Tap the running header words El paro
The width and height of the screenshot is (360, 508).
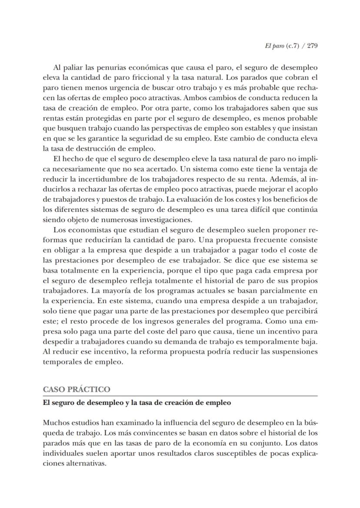click(273, 46)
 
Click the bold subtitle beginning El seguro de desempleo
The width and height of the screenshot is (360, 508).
click(137, 403)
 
